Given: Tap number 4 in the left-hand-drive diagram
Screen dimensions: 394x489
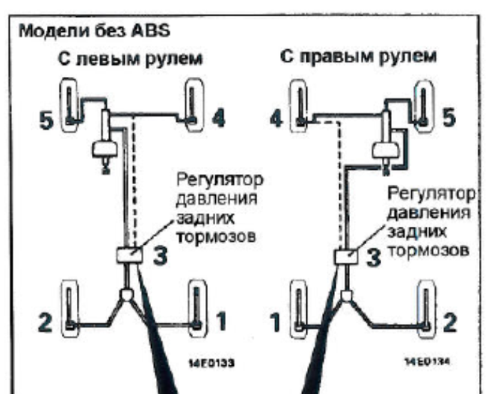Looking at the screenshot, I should coord(217,120).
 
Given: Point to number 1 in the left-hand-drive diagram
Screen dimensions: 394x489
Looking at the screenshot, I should coord(220,322).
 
